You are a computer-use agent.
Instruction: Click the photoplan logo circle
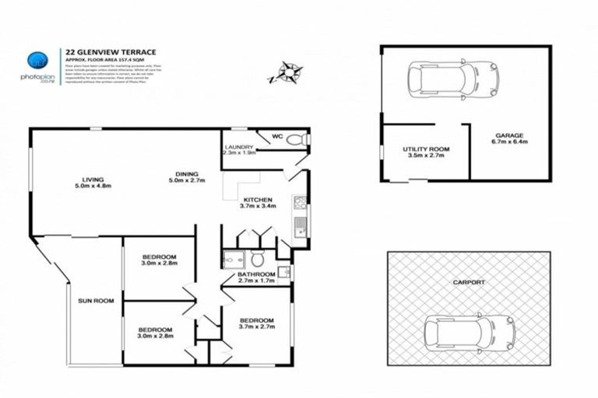tap(37, 61)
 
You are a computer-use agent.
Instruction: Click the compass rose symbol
tap(287, 73)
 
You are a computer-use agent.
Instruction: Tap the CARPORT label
tap(467, 282)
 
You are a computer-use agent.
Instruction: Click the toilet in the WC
tap(296, 140)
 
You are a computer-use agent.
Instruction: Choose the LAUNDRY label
tap(237, 147)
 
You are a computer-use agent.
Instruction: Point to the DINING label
tap(186, 173)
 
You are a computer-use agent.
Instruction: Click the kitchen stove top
tap(300, 204)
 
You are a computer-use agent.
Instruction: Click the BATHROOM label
tap(256, 274)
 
